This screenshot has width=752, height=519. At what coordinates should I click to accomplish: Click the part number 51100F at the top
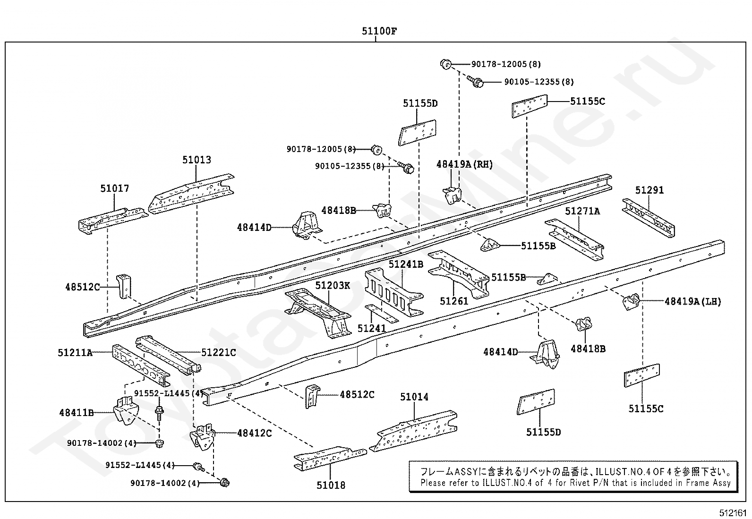(x=379, y=32)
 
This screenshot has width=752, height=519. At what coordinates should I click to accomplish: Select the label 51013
(x=197, y=160)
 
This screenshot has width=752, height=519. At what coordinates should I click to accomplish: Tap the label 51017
(x=114, y=188)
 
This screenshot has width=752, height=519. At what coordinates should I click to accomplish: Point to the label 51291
(x=649, y=190)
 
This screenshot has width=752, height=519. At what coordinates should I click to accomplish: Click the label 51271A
(x=582, y=211)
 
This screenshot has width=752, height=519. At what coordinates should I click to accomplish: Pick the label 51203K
(x=333, y=285)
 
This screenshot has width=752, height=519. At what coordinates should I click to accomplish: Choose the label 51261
(x=453, y=301)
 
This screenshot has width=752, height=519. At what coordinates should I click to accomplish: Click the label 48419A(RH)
(x=464, y=164)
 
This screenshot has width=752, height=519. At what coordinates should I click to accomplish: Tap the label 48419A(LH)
(x=692, y=301)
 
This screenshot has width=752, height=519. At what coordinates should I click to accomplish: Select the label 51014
(x=414, y=397)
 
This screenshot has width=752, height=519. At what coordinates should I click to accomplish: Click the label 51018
(x=331, y=485)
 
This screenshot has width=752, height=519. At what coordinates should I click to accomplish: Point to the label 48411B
(x=76, y=412)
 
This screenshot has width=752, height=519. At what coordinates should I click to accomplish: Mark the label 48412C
(x=254, y=433)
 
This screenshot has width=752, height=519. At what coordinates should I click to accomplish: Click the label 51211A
(x=75, y=352)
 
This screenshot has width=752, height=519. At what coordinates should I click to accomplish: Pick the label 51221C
(x=218, y=352)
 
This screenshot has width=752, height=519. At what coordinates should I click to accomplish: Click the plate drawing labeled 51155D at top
(x=417, y=132)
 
